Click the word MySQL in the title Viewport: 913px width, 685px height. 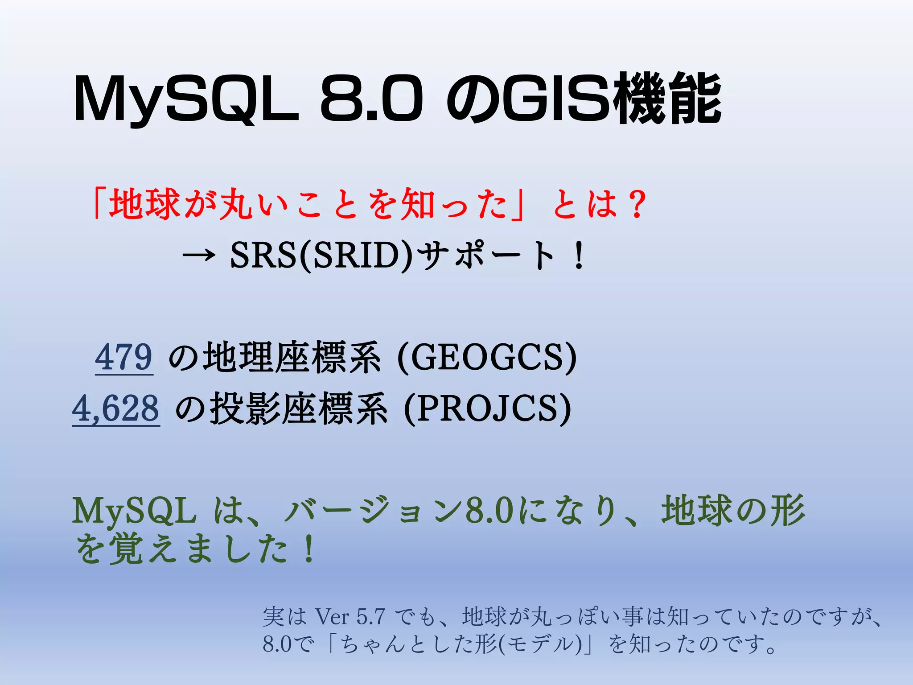point(185,99)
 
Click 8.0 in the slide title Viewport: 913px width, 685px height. point(371,99)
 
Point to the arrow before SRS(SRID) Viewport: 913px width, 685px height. point(199,256)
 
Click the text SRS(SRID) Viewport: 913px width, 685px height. point(321,256)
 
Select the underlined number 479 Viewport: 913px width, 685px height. point(124,357)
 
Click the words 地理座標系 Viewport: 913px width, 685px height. point(292,357)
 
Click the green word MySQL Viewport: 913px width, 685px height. point(134,511)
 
